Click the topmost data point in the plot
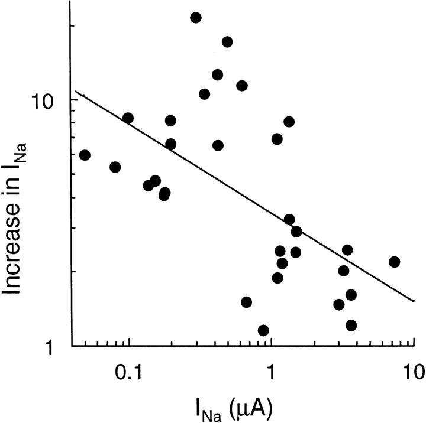pos(196,18)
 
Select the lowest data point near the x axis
pos(264,330)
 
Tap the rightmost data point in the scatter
pos(395,262)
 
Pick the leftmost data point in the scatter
pos(85,155)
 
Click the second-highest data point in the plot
pos(227,42)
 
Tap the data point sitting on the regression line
pos(296,232)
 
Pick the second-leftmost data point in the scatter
pos(115,167)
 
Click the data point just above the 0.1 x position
pos(128,118)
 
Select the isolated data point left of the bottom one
pos(246,302)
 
